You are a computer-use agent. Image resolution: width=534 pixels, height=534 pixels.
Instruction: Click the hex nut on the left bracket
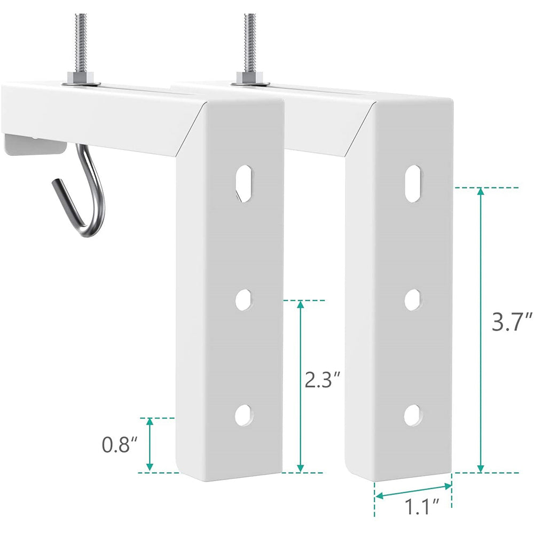(82, 80)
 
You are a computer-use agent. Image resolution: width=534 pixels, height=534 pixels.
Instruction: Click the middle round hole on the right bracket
(412, 300)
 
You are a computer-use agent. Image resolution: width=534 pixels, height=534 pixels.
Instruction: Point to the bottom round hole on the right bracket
(412, 414)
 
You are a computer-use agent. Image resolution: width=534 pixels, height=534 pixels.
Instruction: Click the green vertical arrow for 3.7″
(481, 329)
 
